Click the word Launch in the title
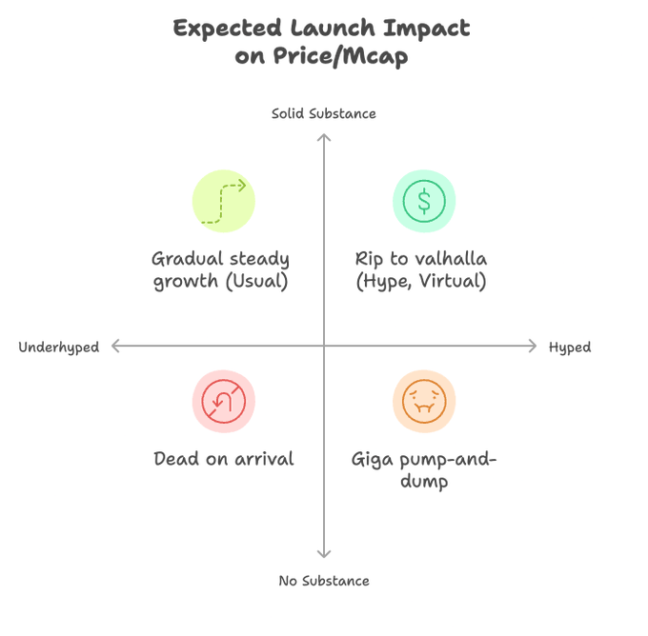tap(333, 29)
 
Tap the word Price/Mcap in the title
tap(340, 56)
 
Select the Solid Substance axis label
tap(324, 113)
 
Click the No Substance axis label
tap(324, 581)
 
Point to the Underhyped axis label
tap(59, 348)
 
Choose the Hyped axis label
tap(570, 348)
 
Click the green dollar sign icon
tap(424, 201)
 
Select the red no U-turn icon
tap(224, 401)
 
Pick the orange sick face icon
tap(424, 401)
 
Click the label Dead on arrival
tap(224, 459)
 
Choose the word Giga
tap(372, 460)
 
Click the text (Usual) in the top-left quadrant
tap(256, 281)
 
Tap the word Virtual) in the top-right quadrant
tap(453, 281)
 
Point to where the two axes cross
tap(324, 346)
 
